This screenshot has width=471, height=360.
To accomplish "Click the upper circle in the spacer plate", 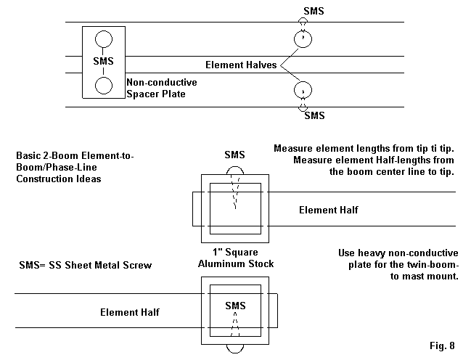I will [x=104, y=39].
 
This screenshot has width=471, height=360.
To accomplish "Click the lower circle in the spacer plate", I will [x=104, y=85].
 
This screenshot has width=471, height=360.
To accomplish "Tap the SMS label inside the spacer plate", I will [x=104, y=61].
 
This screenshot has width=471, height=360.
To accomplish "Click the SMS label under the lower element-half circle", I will [x=314, y=115].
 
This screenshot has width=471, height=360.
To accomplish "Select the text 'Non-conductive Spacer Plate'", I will [x=161, y=89].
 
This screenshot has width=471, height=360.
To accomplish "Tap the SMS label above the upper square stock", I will [x=235, y=155].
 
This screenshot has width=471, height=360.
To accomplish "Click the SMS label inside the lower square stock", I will [x=235, y=305].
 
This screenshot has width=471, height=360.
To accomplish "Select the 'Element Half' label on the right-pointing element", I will [x=328, y=210].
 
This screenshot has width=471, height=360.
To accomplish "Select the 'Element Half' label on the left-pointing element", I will [x=130, y=312].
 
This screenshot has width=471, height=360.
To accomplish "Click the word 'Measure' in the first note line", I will [x=293, y=149].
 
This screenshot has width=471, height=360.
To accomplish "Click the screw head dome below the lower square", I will [x=235, y=349].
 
